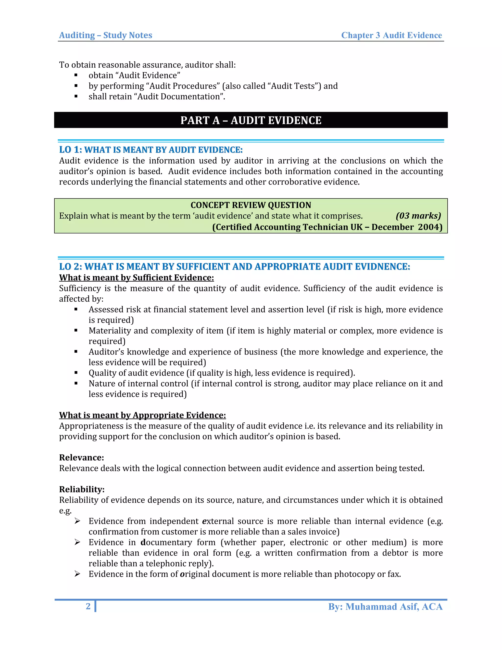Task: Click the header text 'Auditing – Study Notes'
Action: coord(106,35)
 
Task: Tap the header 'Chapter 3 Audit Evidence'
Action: coord(391,35)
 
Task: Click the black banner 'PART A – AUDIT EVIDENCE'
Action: coord(251,120)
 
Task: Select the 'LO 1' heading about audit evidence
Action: coord(151,150)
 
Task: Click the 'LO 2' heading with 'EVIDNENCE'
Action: coord(234,266)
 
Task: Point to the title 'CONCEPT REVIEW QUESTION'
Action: coord(251,205)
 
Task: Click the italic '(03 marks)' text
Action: coord(418,216)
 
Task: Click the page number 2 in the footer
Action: coord(88,606)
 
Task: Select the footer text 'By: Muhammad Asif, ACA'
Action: coord(385,607)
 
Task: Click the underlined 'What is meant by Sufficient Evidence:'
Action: coord(137,278)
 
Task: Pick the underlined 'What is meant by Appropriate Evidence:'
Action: coord(142,415)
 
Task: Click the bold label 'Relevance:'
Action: coord(81,457)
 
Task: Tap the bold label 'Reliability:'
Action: coord(82,489)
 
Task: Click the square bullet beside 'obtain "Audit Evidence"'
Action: coord(76,75)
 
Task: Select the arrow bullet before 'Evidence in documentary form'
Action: coord(77,542)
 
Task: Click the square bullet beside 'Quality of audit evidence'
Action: coord(76,373)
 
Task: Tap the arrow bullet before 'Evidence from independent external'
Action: coord(77,521)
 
